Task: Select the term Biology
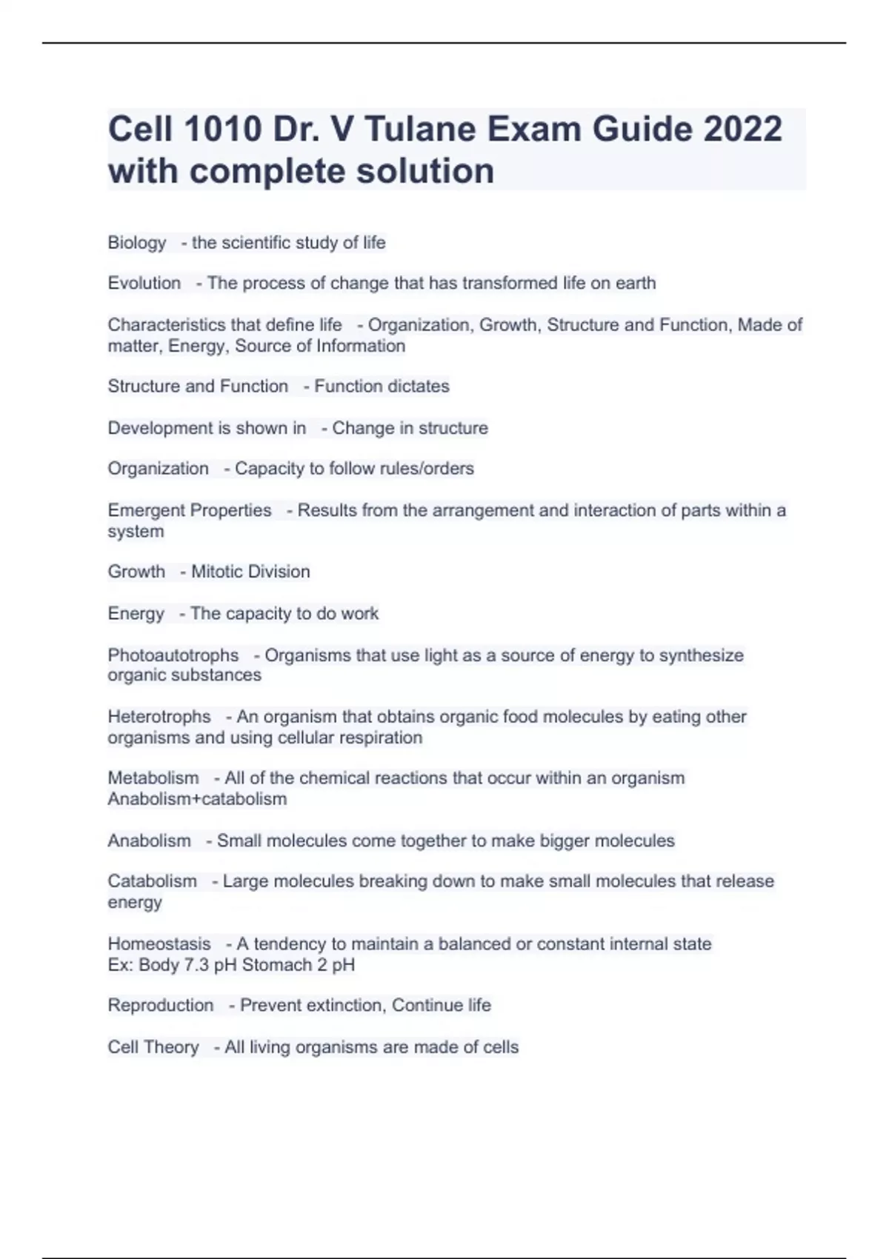pos(137,243)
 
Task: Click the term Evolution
pos(144,283)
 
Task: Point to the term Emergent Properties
pos(190,510)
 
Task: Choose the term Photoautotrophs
pos(173,655)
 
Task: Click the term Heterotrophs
pos(159,717)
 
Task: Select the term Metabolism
pos(153,778)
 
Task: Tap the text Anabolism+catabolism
pos(197,799)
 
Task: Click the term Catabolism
pos(153,881)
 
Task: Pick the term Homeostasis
pos(159,944)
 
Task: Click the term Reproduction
pos(161,1006)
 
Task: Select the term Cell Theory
pos(153,1047)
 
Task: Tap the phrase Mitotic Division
pos(250,572)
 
